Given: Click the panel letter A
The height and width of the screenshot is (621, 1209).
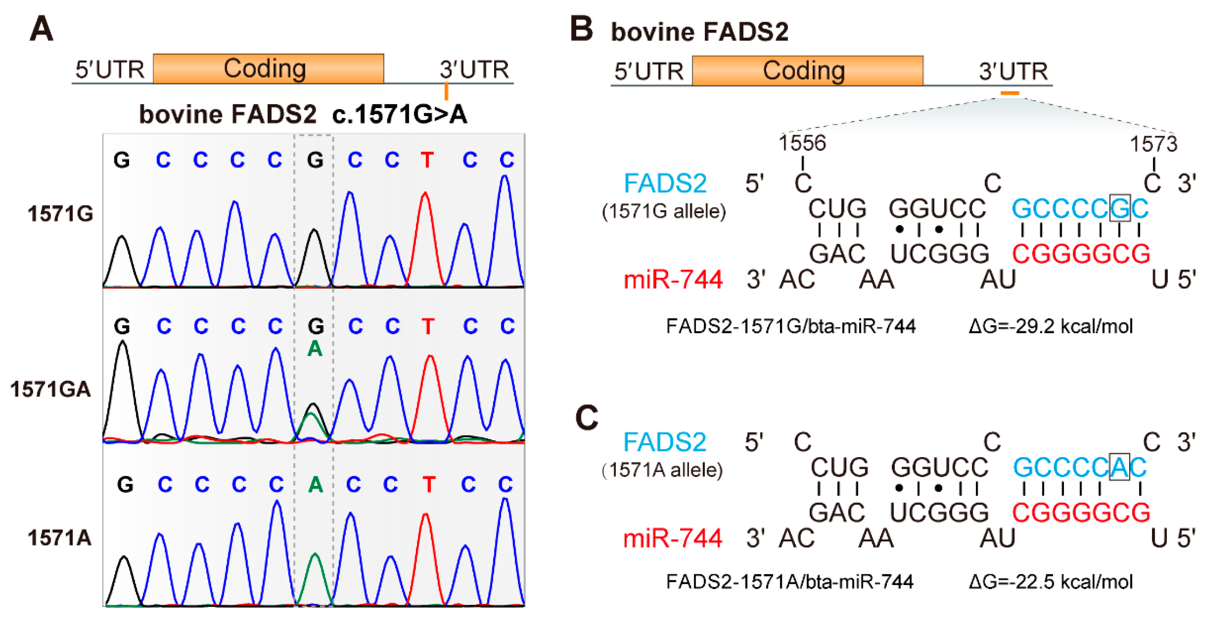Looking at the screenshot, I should point(41,29).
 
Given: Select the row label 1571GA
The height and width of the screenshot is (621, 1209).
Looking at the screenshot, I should point(51,389).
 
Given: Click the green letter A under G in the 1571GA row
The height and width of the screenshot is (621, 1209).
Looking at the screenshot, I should point(315,348).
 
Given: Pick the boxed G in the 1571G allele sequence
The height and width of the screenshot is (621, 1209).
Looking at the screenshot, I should point(1120,208).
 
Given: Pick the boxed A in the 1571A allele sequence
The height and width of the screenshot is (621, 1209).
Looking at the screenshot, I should point(1119,467).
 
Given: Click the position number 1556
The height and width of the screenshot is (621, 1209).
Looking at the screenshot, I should point(802,143).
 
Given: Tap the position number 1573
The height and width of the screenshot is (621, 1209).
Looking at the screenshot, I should point(1153,144).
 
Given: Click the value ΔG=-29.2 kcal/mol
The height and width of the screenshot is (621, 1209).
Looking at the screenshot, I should point(1050,326).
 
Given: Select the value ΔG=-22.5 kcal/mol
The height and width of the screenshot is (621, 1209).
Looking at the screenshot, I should point(1050,582).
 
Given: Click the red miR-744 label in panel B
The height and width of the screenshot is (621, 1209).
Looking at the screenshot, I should point(673,279).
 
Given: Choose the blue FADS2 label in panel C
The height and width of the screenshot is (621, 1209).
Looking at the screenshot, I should point(665,442).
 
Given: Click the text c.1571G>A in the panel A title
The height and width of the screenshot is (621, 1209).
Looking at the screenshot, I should point(399,114).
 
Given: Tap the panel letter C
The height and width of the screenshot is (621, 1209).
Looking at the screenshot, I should point(587,418).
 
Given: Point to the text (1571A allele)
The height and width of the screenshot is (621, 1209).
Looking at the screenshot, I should point(662,470).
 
